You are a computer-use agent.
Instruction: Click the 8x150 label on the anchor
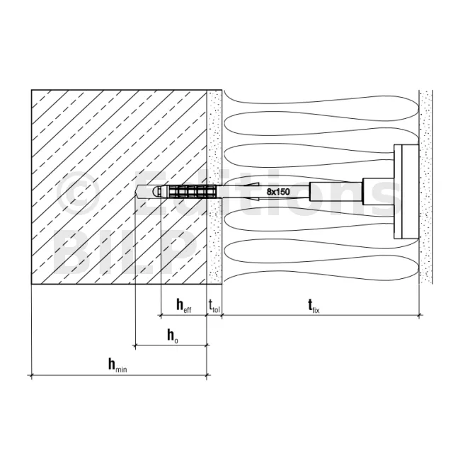point(278,192)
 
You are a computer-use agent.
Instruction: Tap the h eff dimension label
point(184,306)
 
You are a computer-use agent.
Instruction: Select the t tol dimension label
point(214,306)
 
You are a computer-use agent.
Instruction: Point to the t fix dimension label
point(314,306)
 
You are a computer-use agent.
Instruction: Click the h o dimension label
point(173,336)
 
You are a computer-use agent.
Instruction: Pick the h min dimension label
point(117,365)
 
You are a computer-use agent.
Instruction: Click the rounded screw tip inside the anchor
point(156,192)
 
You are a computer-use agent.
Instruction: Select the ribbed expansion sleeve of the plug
point(191,192)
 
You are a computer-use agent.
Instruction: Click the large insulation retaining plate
point(406,192)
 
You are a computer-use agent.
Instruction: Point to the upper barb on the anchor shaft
point(251,184)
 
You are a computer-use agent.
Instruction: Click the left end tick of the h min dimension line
point(31,375)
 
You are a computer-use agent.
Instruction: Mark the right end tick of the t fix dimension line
point(419,315)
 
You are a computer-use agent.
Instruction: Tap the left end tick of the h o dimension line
point(135,345)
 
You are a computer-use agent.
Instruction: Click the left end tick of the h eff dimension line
point(161,315)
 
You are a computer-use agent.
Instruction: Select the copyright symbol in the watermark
point(79,193)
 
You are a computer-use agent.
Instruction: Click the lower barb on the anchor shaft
point(251,199)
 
